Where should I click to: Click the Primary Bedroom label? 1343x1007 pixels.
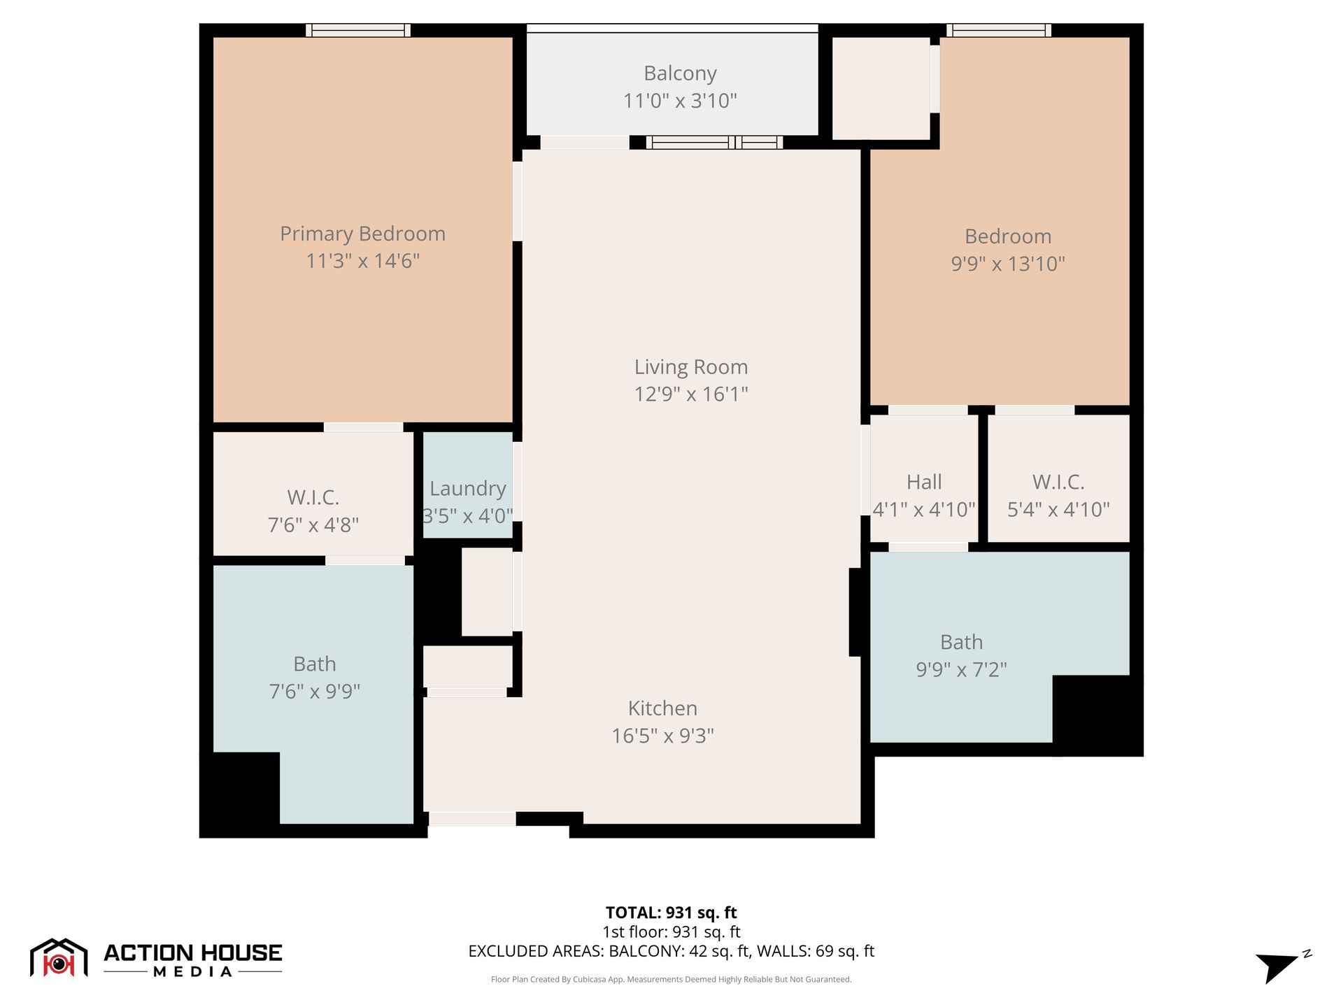click(362, 234)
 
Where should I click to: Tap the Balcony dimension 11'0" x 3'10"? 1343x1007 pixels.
click(680, 101)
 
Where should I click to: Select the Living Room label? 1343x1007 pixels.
click(691, 367)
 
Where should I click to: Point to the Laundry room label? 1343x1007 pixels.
click(468, 489)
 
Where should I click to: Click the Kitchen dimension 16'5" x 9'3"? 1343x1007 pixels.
click(662, 736)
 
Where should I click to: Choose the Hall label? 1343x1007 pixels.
click(924, 482)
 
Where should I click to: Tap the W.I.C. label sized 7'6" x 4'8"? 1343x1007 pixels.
click(313, 497)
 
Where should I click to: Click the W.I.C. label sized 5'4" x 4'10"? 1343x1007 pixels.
click(1058, 482)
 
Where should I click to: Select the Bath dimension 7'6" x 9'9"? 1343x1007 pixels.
click(315, 691)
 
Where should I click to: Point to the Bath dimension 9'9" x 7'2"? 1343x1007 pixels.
click(962, 669)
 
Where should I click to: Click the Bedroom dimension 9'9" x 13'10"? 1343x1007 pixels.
click(1008, 264)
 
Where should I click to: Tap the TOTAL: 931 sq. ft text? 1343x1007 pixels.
click(671, 913)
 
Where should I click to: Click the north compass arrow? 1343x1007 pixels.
click(1277, 967)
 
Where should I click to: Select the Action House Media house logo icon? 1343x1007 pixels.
click(59, 957)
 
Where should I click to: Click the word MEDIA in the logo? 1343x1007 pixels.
click(193, 971)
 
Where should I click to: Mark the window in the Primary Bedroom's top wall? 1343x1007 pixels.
click(358, 30)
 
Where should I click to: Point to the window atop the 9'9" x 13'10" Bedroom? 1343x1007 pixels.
click(999, 30)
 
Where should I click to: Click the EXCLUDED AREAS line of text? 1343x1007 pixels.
click(671, 951)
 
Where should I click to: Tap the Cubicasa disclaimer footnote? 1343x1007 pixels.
click(671, 979)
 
